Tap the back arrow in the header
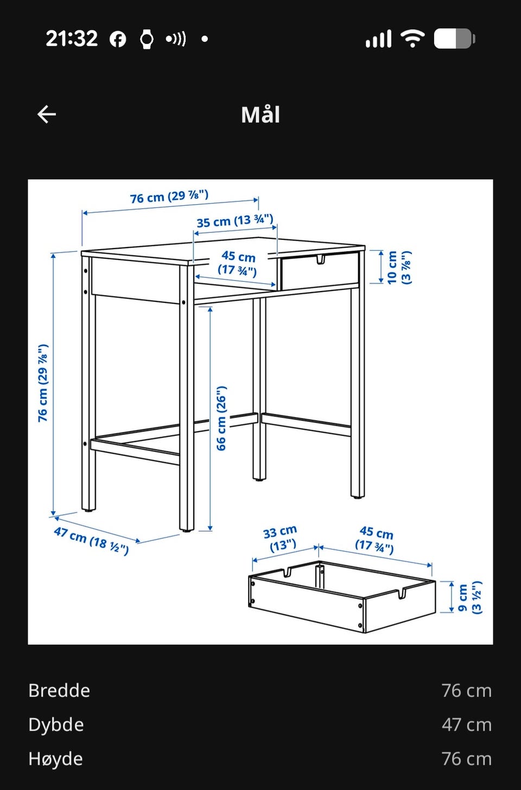pos(47,114)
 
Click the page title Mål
pos(260,114)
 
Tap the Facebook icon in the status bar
pos(118,39)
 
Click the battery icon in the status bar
pos(454,39)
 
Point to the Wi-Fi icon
pos(412,38)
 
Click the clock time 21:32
pos(72,39)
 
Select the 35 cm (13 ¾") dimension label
pos(235,221)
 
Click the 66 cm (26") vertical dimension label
pos(221,418)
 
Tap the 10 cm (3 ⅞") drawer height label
pos(399,267)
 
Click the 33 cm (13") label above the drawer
pos(281,539)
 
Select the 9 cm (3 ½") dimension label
pos(470,597)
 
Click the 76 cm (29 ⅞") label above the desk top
pos(169,197)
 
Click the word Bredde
pos(59,691)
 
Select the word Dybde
pos(56,725)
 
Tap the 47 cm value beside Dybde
pos(467,725)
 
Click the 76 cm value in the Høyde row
pos(467,759)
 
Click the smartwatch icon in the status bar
pos(147,39)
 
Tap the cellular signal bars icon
pos(379,39)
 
